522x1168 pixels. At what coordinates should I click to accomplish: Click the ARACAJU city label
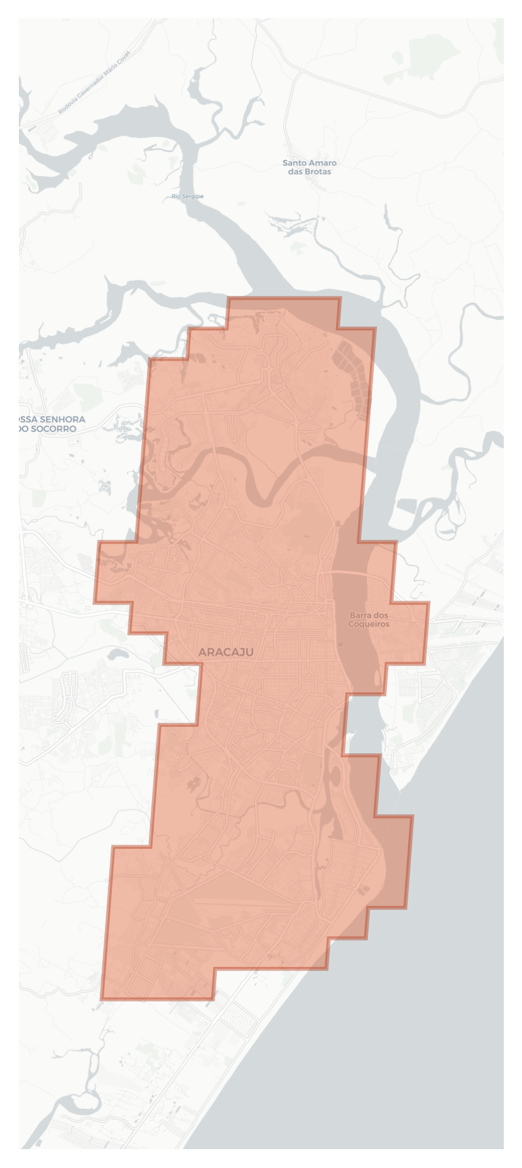[x=226, y=652]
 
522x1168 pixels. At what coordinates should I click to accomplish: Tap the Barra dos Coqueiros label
[x=369, y=619]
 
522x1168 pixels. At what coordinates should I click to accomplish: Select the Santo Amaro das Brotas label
[x=309, y=167]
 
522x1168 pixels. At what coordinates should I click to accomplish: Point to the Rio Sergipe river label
[x=187, y=197]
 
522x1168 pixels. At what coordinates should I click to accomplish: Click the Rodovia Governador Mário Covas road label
[x=94, y=82]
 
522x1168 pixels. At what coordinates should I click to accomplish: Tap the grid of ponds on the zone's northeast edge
[x=353, y=377]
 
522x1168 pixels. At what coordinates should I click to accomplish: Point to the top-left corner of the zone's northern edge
[x=229, y=299]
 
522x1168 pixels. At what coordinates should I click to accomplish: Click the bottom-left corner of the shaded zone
[x=102, y=998]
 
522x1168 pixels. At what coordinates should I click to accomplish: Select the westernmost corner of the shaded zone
[x=95, y=602]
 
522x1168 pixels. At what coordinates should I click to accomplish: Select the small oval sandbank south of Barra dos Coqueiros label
[x=377, y=677]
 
